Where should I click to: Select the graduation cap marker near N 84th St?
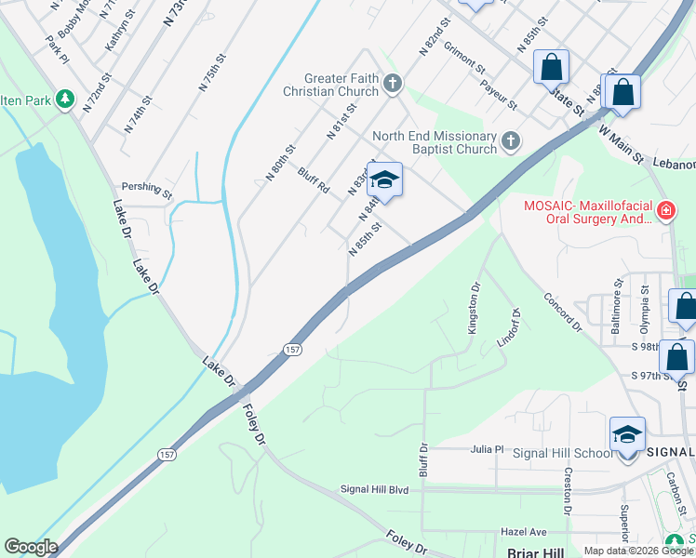click(x=383, y=179)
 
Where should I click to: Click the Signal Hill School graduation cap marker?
click(x=627, y=435)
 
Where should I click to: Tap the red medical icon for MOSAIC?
click(x=665, y=211)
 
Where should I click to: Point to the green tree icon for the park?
click(x=64, y=98)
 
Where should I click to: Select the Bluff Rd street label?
click(x=314, y=179)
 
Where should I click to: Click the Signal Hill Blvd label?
click(x=374, y=488)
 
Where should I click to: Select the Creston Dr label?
click(x=567, y=491)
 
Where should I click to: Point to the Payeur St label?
click(x=499, y=89)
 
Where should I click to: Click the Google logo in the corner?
click(x=31, y=547)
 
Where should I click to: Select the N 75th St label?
click(x=213, y=73)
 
